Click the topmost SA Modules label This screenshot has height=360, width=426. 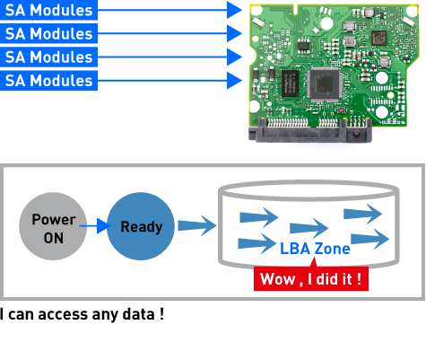coord(48,10)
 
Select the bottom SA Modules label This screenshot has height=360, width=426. coord(48,81)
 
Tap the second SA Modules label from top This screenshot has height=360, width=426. coord(48,33)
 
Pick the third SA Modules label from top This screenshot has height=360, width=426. coord(48,57)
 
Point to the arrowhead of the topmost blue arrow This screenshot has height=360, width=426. coord(234,10)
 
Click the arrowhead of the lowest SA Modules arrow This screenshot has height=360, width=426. coord(234,80)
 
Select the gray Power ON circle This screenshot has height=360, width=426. coord(53,226)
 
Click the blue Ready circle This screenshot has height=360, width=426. coord(141,226)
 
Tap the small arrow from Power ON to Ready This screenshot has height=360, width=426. coord(95,226)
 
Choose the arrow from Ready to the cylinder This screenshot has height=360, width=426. coord(197,226)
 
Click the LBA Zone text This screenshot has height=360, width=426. coord(315,249)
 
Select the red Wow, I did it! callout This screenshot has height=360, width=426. coord(311,278)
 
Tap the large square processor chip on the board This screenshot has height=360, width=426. coord(325,84)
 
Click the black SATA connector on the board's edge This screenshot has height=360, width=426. coord(310,130)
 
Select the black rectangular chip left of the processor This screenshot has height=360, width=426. coord(290,83)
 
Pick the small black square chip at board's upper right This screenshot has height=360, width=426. coord(378,38)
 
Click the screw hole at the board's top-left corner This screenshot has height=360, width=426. coord(256,11)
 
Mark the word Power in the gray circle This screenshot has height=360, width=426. coord(54,219)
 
